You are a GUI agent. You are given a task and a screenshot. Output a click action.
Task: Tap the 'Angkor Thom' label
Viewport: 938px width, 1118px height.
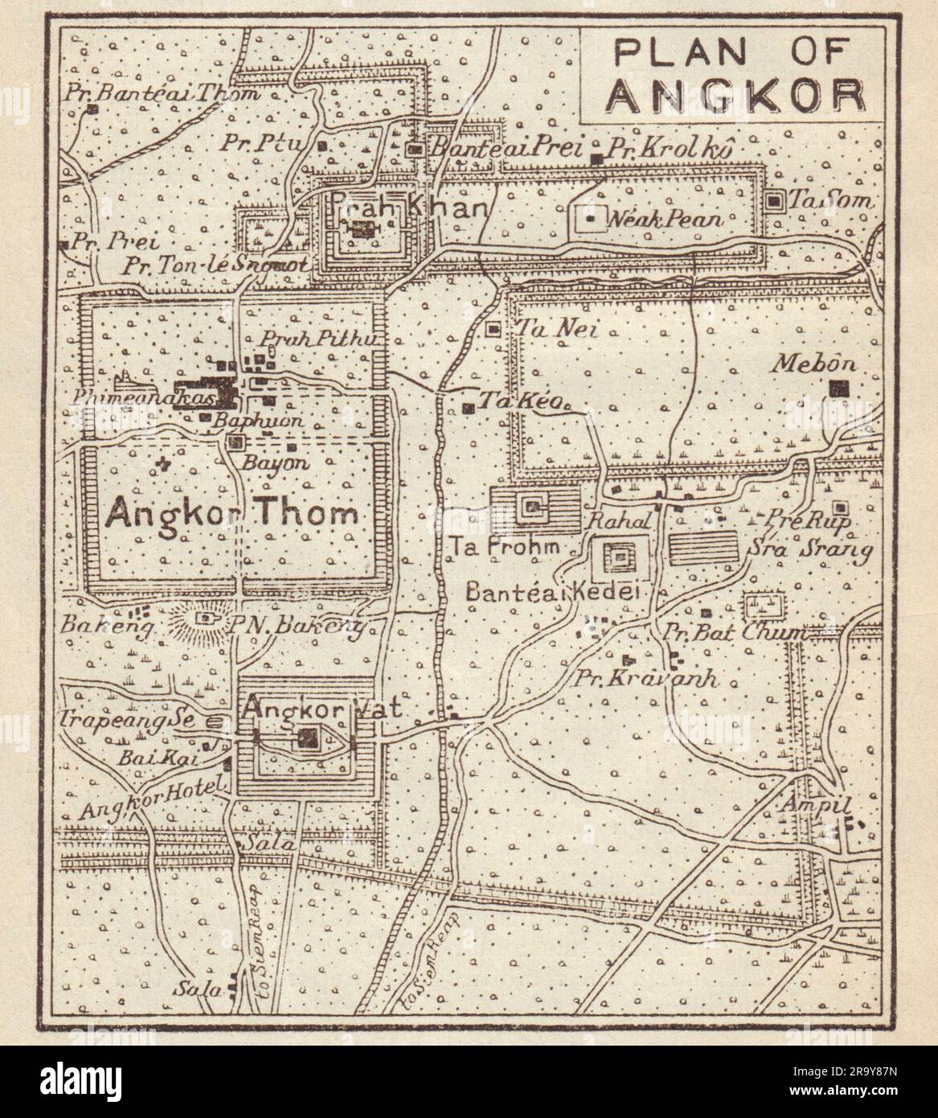point(231,512)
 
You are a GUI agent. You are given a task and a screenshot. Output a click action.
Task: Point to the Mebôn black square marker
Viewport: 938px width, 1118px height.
point(840,388)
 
